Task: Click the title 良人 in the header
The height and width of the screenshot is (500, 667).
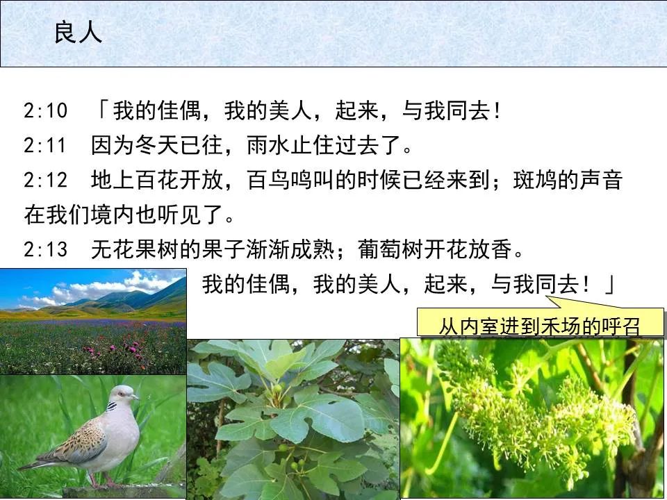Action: pyautogui.click(x=78, y=33)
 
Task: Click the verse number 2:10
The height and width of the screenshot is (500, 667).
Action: pyautogui.click(x=45, y=111)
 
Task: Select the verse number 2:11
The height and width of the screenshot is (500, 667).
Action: pyautogui.click(x=45, y=146)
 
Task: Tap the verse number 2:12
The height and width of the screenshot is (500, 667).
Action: pyautogui.click(x=45, y=181)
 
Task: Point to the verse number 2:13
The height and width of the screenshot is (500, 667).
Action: pyautogui.click(x=45, y=249)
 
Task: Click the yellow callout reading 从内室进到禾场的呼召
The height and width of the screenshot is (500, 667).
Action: pyautogui.click(x=539, y=326)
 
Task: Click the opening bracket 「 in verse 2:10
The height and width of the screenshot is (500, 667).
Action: pyautogui.click(x=102, y=111)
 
